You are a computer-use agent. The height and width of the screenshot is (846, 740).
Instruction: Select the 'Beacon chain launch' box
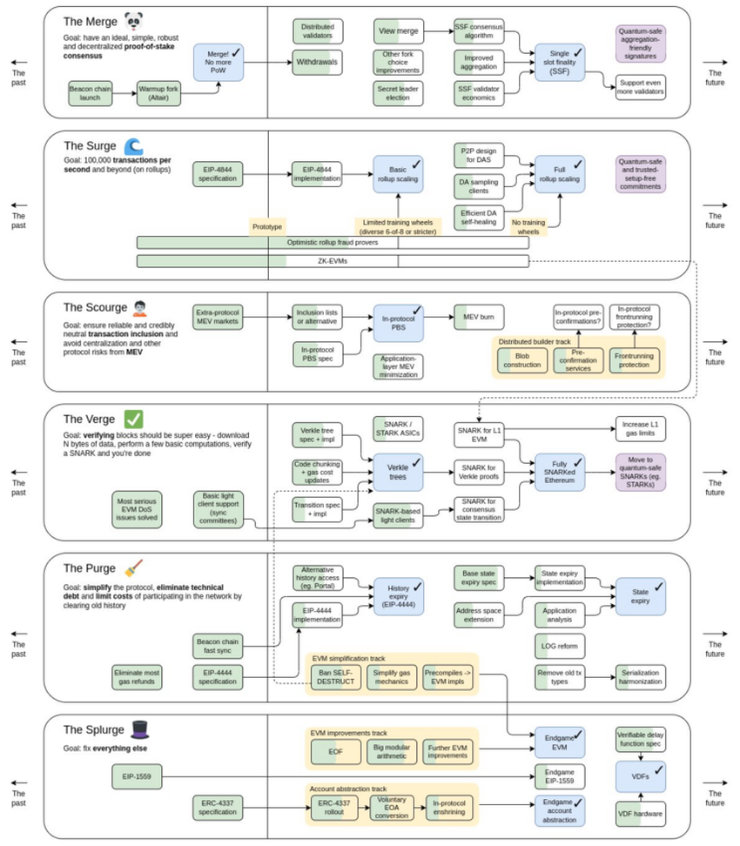point(92,92)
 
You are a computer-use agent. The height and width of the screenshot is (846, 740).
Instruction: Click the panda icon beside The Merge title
point(133,21)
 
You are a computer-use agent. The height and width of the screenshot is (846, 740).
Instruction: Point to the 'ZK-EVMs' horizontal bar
point(333,260)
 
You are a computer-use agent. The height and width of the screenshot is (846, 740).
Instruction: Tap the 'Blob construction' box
point(522,360)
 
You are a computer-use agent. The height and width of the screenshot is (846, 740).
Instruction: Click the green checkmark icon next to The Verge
point(134,419)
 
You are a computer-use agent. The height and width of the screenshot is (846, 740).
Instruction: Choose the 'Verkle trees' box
point(398,470)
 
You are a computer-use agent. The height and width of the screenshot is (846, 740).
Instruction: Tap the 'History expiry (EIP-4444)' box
point(398,595)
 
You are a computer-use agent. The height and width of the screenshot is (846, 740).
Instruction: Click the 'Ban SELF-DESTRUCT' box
point(335,675)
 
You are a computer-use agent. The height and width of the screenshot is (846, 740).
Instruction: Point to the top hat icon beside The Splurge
point(139,728)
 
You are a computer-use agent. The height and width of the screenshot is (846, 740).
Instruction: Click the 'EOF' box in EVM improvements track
point(335,753)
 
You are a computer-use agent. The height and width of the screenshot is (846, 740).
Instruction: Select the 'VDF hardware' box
point(640,814)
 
